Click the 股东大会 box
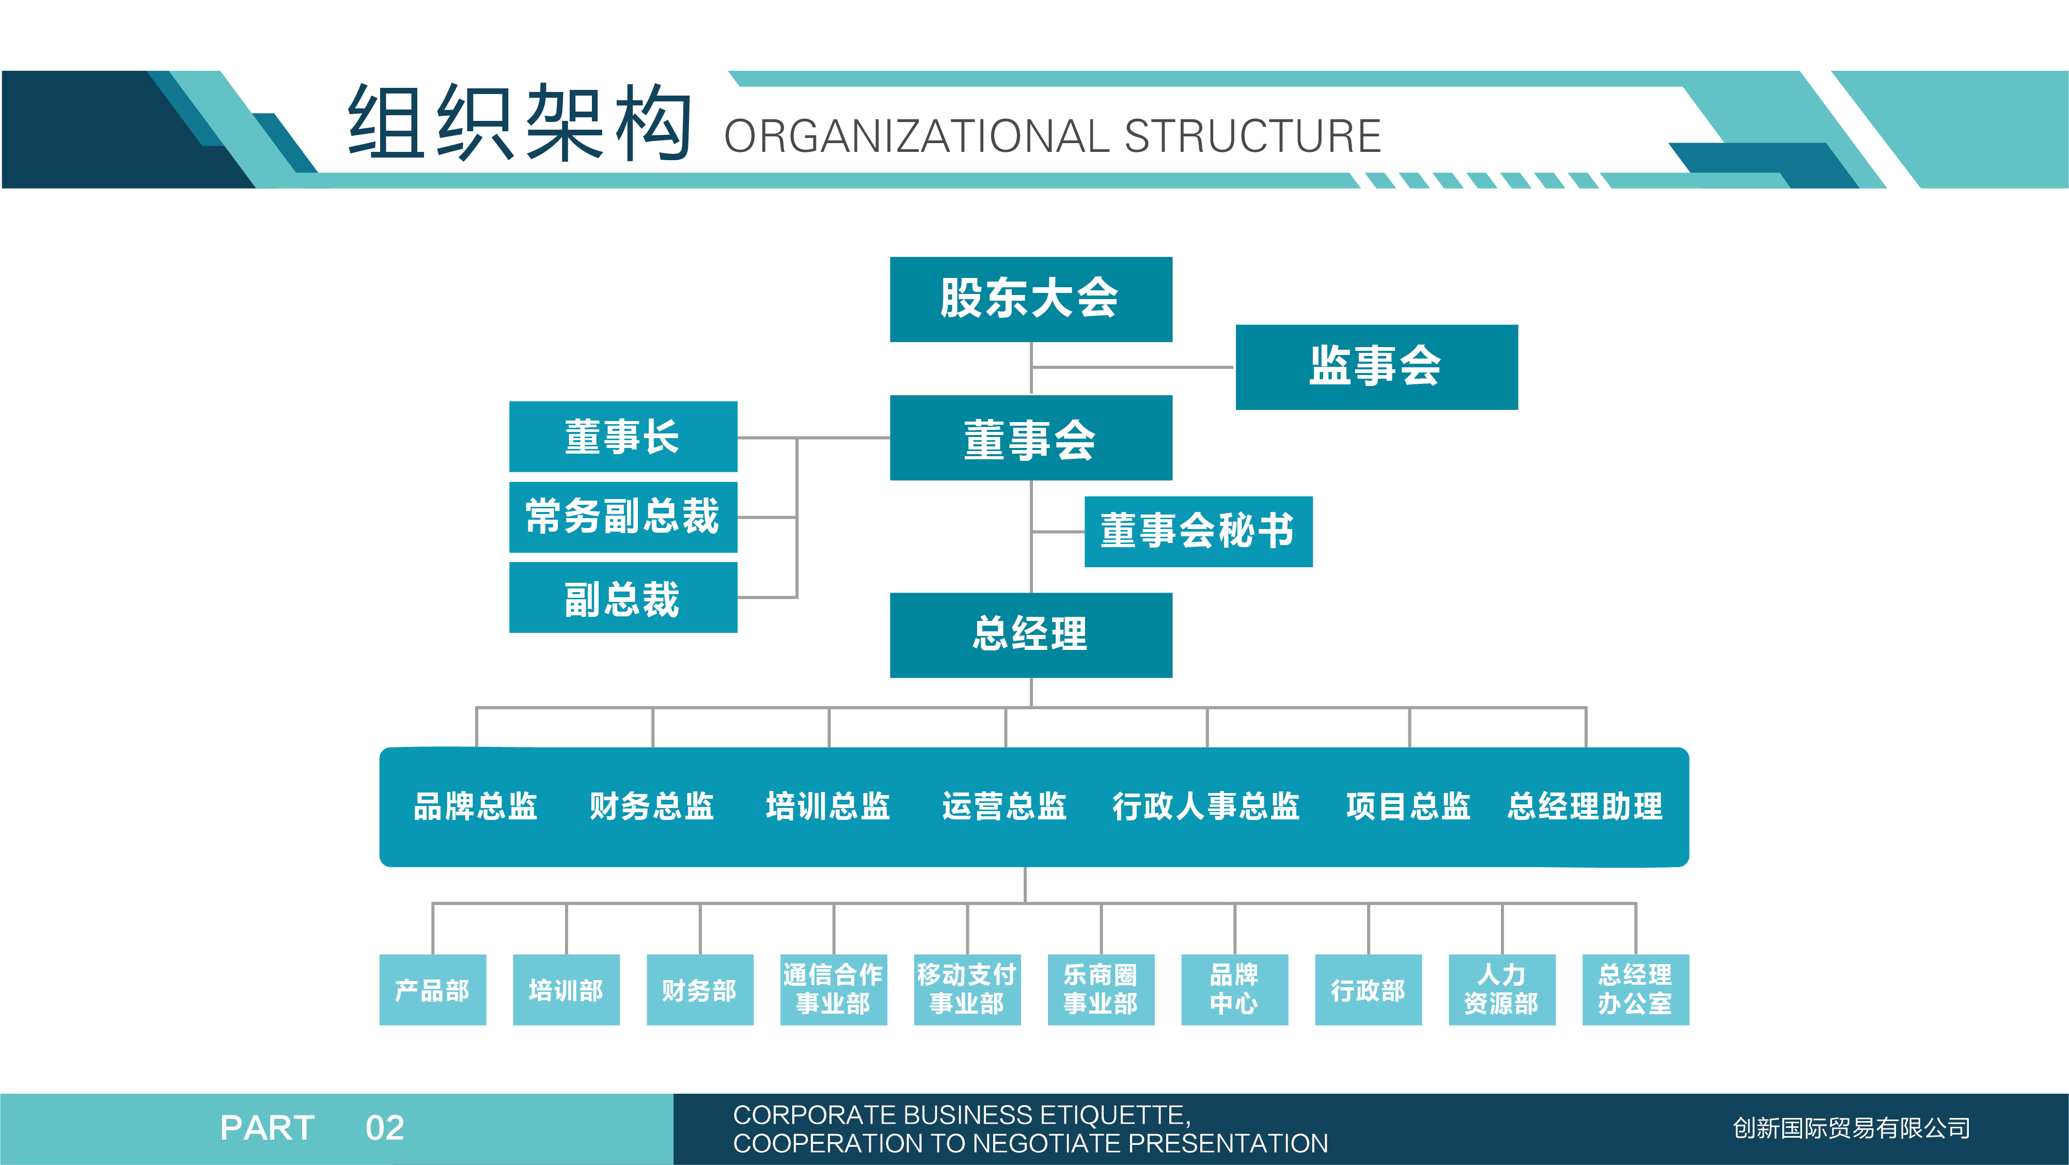tap(1030, 299)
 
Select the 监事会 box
tap(1376, 367)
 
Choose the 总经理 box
tap(1030, 635)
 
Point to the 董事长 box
tap(623, 436)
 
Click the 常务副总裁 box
tap(623, 517)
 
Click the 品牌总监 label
tap(476, 806)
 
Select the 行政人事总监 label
tap(1205, 806)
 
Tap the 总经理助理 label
tap(1585, 806)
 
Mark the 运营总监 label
tap(1004, 806)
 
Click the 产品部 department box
tap(433, 990)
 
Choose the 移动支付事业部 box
tap(967, 990)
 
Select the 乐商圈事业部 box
tap(1101, 990)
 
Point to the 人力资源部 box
tap(1502, 990)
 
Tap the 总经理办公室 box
tap(1635, 990)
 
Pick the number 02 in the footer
tap(385, 1128)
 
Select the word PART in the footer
tap(268, 1128)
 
